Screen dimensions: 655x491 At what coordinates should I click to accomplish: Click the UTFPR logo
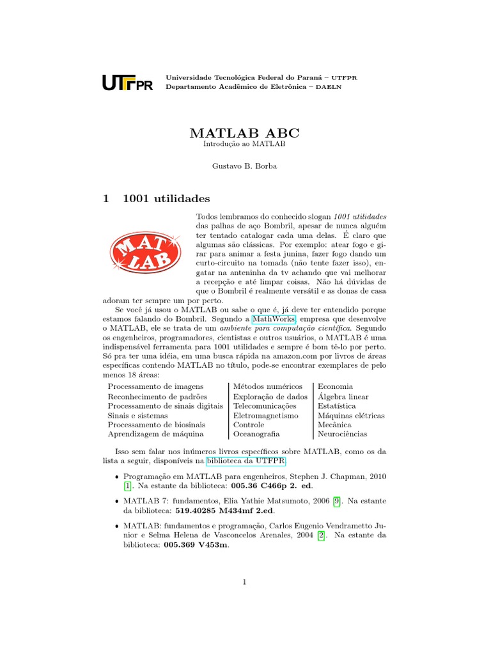[x=128, y=83]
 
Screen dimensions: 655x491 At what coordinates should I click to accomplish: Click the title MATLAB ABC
[x=244, y=133]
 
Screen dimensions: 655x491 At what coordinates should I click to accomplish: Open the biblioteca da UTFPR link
[x=246, y=461]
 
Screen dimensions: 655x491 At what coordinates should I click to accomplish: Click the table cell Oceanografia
[x=256, y=434]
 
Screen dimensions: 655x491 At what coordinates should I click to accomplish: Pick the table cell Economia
[x=335, y=386]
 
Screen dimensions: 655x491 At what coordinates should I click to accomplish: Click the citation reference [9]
[x=336, y=502]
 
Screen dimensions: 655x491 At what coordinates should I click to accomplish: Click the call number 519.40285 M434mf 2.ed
[x=220, y=512]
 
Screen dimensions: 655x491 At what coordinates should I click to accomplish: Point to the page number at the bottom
[x=244, y=582]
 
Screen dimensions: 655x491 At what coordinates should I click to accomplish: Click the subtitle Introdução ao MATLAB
[x=244, y=145]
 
